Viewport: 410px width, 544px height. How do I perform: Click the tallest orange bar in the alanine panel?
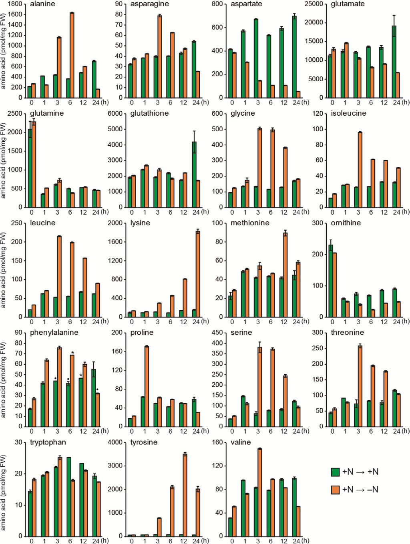click(x=72, y=55)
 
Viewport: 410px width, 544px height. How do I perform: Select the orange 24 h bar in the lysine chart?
click(x=198, y=274)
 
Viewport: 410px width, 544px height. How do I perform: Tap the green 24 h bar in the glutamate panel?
click(x=394, y=62)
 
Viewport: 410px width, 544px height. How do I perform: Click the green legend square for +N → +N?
click(x=335, y=472)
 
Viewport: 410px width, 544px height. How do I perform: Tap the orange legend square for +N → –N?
click(x=335, y=490)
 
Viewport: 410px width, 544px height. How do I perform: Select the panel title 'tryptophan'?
click(x=48, y=442)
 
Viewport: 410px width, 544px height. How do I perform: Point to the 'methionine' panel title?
click(x=250, y=223)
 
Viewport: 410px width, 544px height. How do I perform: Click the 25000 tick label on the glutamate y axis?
click(x=314, y=4)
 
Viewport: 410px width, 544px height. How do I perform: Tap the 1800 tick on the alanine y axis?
click(x=15, y=4)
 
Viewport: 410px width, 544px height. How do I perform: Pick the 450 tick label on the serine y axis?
click(x=217, y=333)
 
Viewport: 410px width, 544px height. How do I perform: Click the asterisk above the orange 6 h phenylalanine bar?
click(x=72, y=353)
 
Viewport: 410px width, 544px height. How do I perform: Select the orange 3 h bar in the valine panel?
click(x=260, y=492)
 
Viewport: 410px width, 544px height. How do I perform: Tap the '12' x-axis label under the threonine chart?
click(x=384, y=431)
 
